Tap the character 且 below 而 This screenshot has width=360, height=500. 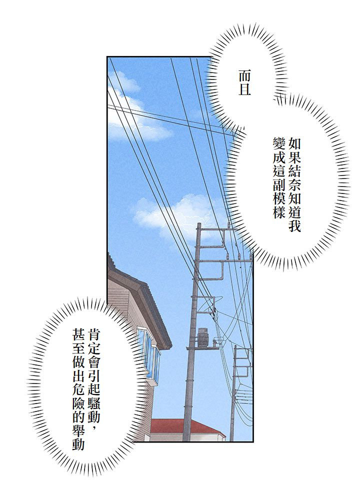click(244, 89)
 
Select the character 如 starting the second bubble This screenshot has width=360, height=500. click(294, 143)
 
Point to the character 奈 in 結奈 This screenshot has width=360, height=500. click(294, 184)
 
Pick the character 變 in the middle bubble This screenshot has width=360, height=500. click(279, 143)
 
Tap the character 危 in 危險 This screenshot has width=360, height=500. click(78, 389)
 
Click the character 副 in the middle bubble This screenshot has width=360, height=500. click(279, 184)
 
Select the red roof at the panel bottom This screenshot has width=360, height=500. click(186, 426)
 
